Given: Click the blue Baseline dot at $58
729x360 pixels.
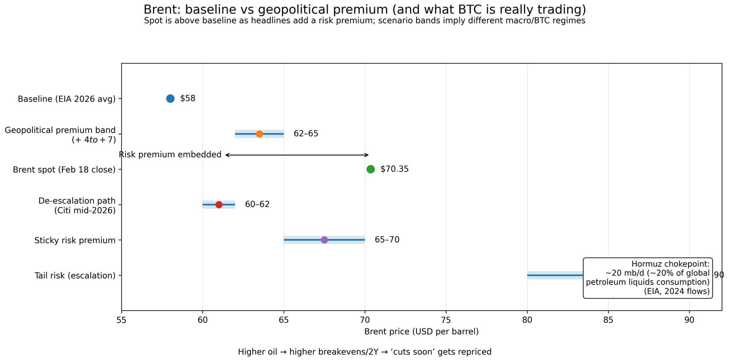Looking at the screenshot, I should coord(170,99).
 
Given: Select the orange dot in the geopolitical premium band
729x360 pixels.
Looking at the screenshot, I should coord(259,134).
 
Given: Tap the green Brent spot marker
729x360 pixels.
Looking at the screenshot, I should coord(371,169).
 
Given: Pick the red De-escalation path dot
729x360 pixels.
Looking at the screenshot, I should coord(219,205).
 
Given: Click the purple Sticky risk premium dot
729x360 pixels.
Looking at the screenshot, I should coord(324,240).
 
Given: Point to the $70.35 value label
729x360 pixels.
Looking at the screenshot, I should coord(394,169).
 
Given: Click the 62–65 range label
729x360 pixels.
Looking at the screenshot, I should coord(306,134).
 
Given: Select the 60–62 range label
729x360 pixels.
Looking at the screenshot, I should coord(257,204).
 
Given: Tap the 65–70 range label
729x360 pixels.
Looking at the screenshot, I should coord(387,240).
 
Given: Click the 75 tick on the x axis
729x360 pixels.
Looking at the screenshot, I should coord(446,320).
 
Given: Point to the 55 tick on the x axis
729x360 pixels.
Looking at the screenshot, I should coord(121,320).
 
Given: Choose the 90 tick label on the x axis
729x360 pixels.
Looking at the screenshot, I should coord(689,320).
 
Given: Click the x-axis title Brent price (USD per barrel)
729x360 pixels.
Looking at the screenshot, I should coord(422,332).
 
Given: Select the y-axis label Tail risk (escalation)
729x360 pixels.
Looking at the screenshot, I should coord(75,276).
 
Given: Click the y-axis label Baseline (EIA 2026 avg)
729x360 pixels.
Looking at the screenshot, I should coord(67,99).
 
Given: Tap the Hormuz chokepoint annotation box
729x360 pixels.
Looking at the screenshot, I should coord(648,278).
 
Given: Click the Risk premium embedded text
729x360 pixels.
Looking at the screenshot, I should coord(170,155).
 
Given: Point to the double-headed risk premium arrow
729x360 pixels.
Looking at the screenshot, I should coord(297,155).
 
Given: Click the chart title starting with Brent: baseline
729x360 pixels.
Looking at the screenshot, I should coord(364,10).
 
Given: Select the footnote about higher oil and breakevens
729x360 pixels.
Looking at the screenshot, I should coord(364,352).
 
